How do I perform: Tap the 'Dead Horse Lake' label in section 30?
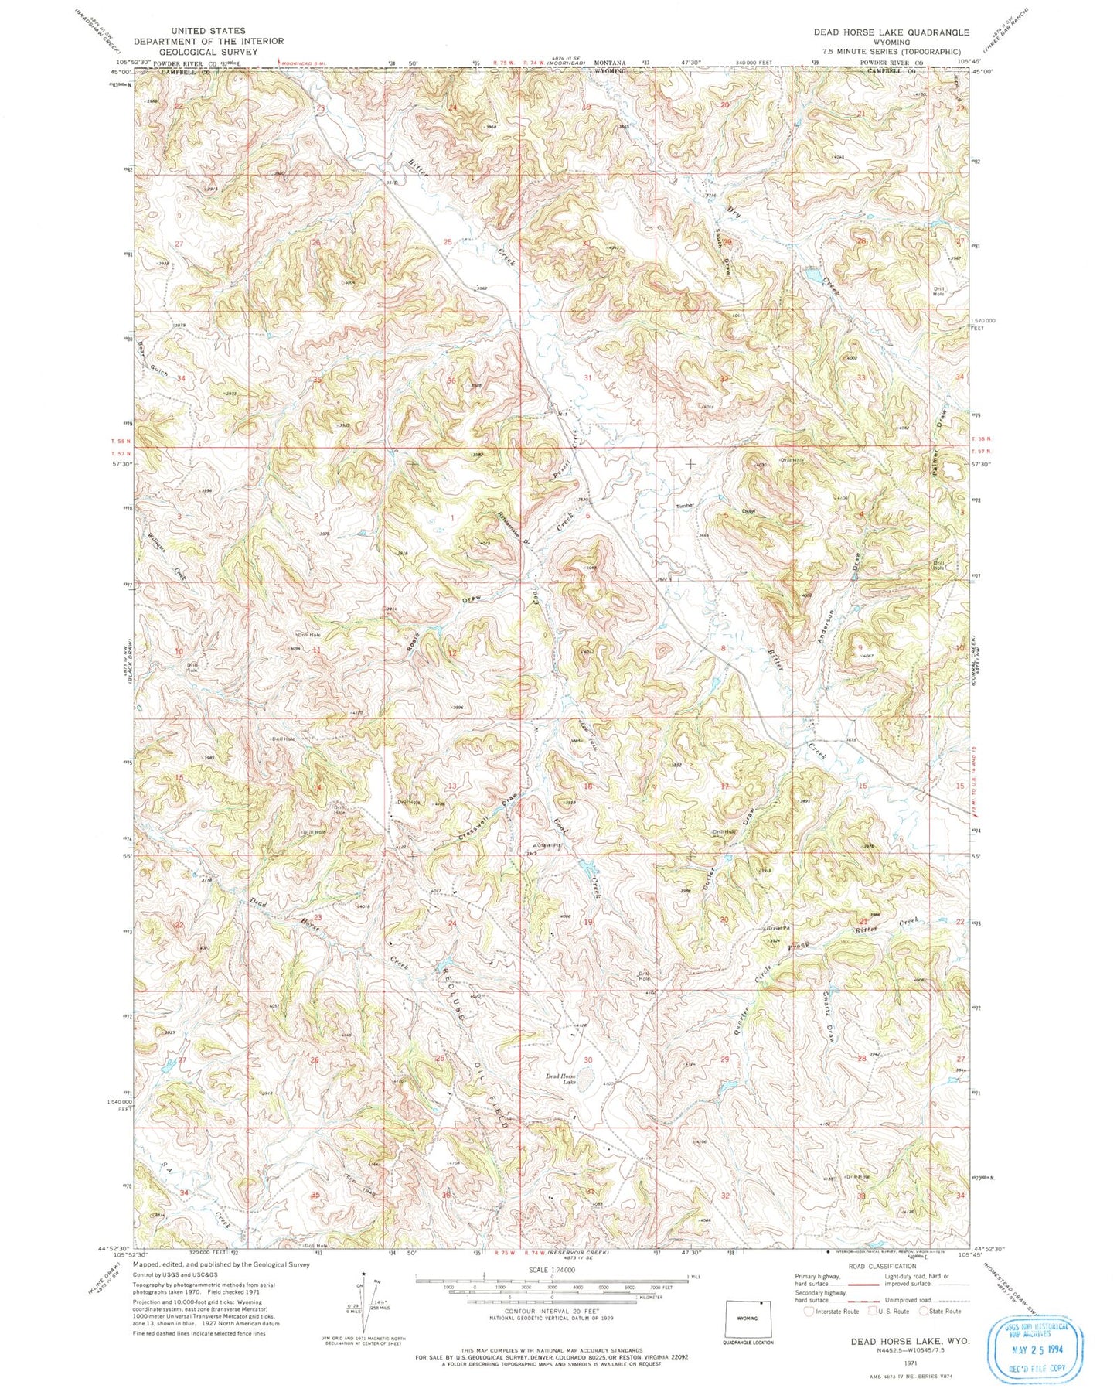(562, 1079)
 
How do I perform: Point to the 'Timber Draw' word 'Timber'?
(685, 506)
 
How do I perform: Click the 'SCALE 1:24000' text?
(526, 1270)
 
